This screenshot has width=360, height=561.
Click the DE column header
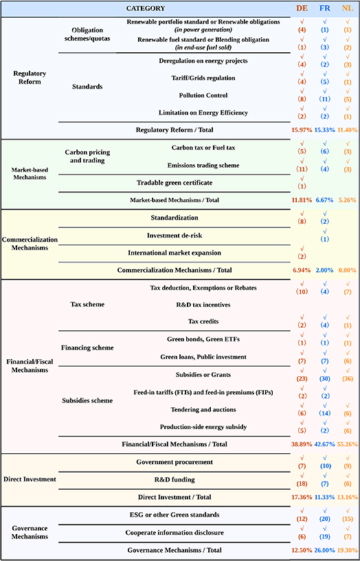302,8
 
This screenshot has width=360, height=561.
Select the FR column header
324,8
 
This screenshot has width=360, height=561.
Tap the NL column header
348,8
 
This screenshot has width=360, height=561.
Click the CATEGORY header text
146,8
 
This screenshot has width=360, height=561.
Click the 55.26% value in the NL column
348,444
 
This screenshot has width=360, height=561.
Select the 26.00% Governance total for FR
324,550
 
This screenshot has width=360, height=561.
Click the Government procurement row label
174,462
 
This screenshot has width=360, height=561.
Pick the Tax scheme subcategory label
87,304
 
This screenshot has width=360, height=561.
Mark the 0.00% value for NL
348,270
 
